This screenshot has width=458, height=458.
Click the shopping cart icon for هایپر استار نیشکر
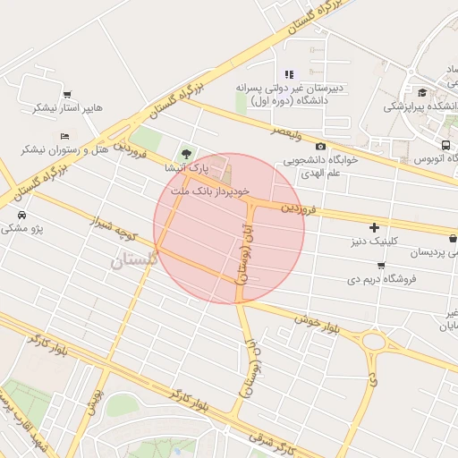coord(67,95)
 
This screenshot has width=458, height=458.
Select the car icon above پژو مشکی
coord(21,215)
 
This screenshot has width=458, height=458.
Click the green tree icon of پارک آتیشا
coord(186,154)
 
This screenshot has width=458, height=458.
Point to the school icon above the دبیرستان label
coord(288,74)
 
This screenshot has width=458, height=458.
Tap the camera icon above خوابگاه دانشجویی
coord(321,147)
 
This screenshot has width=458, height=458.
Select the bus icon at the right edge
coord(445,145)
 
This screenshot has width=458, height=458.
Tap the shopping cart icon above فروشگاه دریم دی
coord(381,266)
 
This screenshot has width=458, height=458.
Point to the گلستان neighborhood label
coord(134,260)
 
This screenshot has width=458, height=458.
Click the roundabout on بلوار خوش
coord(373,341)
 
